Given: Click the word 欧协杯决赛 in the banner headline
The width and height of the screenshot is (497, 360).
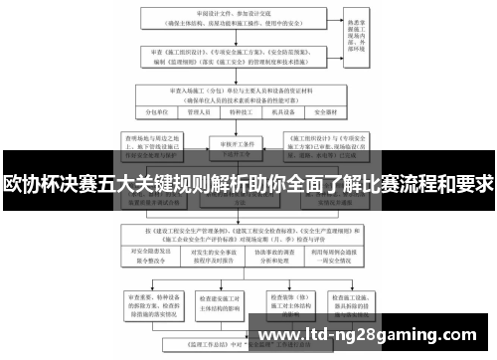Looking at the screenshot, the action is coord(46,184).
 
